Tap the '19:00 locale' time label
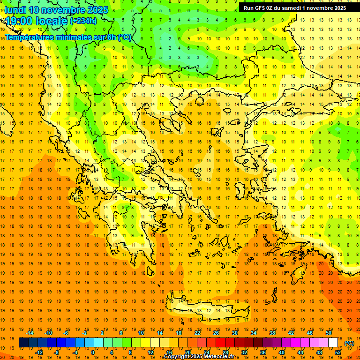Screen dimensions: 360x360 tap(36, 21)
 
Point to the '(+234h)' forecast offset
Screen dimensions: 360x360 tap(83, 21)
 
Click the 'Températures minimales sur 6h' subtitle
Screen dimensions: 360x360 tap(68, 37)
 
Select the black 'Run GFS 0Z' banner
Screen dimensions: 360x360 tap(295, 7)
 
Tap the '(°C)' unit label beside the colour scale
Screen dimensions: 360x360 tap(349, 343)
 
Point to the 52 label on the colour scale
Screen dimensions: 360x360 tap(338, 352)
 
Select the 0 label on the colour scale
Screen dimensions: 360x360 tap(92, 352)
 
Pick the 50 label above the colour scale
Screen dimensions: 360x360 tap(329, 333)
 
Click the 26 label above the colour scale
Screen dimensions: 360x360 tap(216, 333)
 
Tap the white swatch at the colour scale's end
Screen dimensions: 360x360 tap(333, 343)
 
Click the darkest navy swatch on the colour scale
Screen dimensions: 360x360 tap(23, 343)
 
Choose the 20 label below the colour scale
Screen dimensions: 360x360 tap(187, 352)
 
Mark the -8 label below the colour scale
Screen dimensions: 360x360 tap(57, 352)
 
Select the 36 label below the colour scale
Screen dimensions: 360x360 tap(262, 352)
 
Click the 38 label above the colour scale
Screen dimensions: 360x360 tap(272, 333)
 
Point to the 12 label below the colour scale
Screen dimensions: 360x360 tap(150, 352)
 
